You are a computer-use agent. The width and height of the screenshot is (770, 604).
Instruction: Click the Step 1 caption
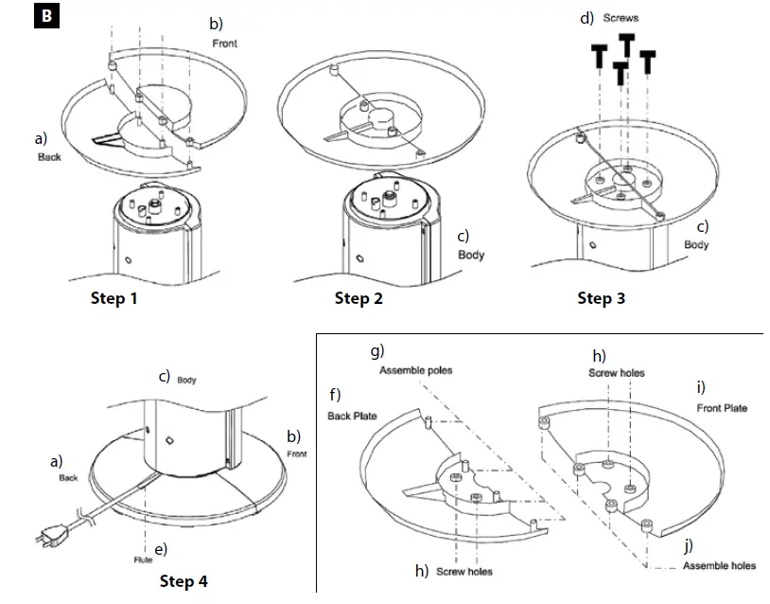click(x=114, y=298)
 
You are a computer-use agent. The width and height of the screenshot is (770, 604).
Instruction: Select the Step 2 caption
click(x=359, y=298)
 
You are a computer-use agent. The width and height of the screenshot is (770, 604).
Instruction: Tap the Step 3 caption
click(x=602, y=298)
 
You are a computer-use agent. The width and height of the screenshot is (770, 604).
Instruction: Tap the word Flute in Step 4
click(x=142, y=560)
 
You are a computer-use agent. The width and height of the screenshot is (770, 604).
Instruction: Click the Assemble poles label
click(x=415, y=370)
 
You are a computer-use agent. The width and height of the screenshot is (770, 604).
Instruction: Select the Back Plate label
click(x=352, y=416)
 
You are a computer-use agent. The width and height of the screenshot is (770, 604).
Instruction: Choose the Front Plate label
click(x=721, y=408)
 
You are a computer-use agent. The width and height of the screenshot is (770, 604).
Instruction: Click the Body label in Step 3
click(x=696, y=244)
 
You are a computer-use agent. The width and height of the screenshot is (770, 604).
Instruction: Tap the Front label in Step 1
click(x=225, y=44)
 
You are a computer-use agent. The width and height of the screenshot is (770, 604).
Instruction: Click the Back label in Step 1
click(x=49, y=157)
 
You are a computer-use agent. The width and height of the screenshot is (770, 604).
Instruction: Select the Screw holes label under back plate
click(x=464, y=572)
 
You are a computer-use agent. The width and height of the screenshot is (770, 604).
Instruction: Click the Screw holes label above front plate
click(x=618, y=373)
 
